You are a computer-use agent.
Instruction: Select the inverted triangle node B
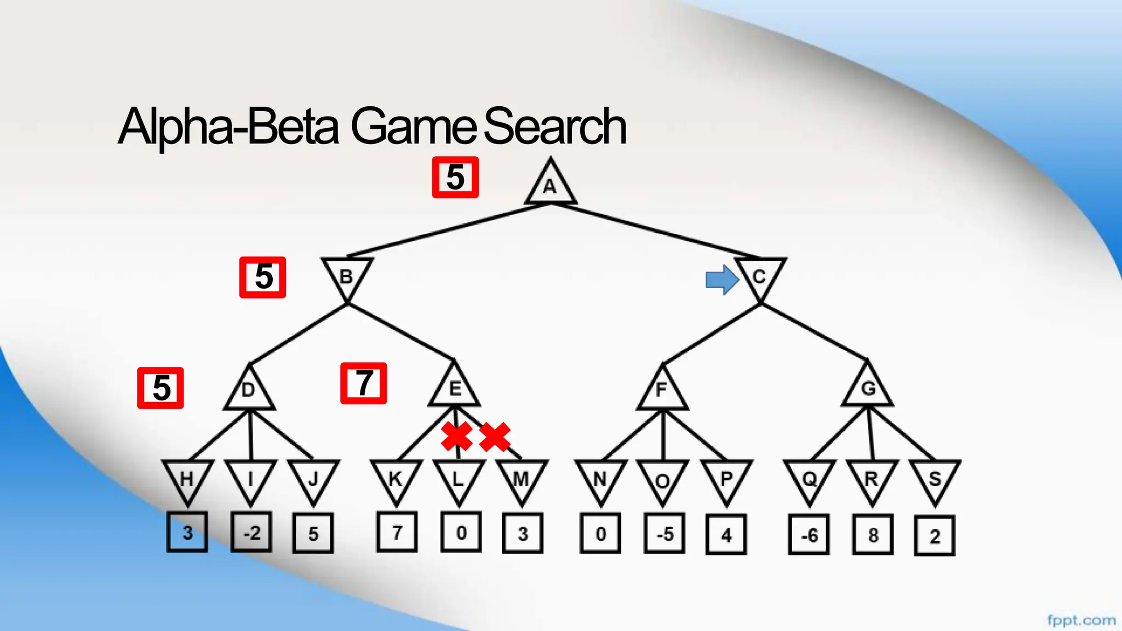click(x=347, y=276)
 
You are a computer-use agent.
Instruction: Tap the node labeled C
click(x=760, y=276)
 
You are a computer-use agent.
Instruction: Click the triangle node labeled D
click(x=249, y=390)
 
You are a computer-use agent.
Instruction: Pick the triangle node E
click(x=455, y=388)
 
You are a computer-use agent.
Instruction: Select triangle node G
click(x=868, y=388)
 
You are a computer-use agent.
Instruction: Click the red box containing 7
click(x=364, y=383)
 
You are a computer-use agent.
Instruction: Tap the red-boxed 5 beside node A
click(x=455, y=177)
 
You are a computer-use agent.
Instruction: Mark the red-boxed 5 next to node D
click(x=161, y=388)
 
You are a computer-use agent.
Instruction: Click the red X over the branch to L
click(x=457, y=437)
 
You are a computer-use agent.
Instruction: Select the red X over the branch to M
click(x=495, y=437)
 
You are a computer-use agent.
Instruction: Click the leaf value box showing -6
click(x=809, y=535)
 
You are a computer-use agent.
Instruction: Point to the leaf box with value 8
click(x=873, y=535)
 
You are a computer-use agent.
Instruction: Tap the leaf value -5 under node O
click(x=665, y=534)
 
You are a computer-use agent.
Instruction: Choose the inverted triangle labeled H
click(x=187, y=479)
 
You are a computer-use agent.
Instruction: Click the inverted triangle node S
click(x=935, y=479)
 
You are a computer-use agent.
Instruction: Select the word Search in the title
click(x=554, y=127)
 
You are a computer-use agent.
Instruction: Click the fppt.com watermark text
click(x=1081, y=620)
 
